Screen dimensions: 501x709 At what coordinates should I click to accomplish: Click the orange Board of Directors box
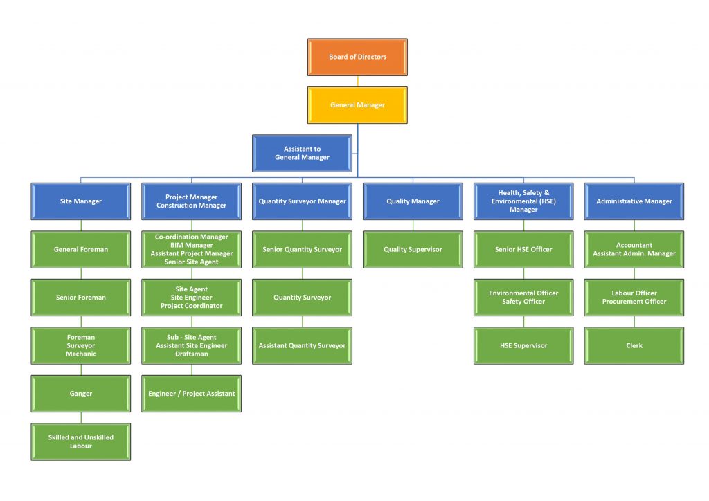(357, 57)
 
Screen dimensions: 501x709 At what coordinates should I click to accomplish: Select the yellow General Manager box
(357, 105)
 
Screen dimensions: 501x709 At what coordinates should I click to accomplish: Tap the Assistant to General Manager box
(302, 153)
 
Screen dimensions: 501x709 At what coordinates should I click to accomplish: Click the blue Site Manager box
(80, 201)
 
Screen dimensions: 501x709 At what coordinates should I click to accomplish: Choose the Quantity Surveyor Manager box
(302, 201)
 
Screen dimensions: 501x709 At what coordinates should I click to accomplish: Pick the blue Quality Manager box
(413, 201)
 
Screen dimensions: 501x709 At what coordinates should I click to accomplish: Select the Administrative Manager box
(634, 201)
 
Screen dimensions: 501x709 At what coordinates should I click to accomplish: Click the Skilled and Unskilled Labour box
(80, 441)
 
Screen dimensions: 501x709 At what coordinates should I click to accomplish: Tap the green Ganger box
(80, 394)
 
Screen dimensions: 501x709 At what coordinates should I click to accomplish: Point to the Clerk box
(634, 345)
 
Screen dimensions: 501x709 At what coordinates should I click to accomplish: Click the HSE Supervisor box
(523, 345)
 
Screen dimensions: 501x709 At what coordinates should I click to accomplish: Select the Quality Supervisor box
(413, 249)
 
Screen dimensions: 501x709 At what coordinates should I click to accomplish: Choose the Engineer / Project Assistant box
(191, 394)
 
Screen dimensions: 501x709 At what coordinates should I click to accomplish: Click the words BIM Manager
(191, 245)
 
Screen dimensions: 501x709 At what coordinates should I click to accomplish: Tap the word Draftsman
(191, 354)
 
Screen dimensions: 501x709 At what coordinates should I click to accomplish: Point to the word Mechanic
(81, 354)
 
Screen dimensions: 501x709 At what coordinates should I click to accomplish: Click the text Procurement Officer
(634, 302)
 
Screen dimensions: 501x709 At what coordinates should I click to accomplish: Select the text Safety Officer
(523, 302)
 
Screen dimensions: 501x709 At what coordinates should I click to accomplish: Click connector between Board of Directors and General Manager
(358, 81)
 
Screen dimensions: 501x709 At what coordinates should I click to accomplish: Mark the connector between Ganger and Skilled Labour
(81, 418)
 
